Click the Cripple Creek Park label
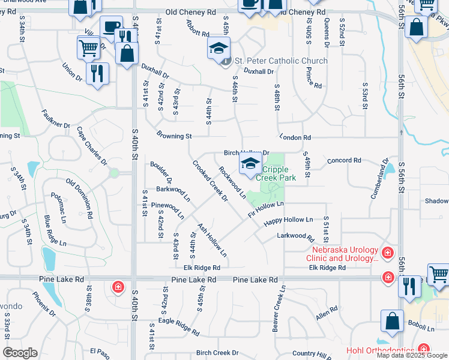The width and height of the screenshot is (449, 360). [276, 173]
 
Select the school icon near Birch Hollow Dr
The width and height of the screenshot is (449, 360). [250, 164]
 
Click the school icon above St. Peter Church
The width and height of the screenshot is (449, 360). [219, 47]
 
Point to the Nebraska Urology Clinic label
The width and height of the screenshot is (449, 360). [345, 254]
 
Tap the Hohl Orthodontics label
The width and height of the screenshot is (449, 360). [379, 350]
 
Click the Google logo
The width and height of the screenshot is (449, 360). [20, 353]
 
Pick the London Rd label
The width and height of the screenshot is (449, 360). [294, 137]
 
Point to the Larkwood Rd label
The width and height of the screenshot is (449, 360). [291, 236]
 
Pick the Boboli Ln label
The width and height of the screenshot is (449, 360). [423, 329]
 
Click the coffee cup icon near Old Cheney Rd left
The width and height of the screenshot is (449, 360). [110, 27]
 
